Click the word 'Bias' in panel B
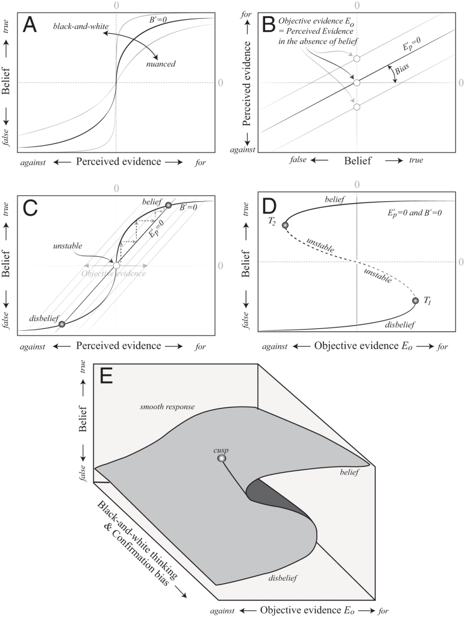click(402, 74)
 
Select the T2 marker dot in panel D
click(285, 225)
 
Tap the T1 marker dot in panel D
click(415, 301)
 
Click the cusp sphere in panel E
click(222, 459)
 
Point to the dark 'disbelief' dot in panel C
click(62, 325)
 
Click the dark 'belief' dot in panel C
click(169, 205)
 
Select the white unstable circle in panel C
click(116, 265)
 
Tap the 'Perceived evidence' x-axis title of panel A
click(113, 162)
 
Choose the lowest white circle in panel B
click(357, 107)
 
